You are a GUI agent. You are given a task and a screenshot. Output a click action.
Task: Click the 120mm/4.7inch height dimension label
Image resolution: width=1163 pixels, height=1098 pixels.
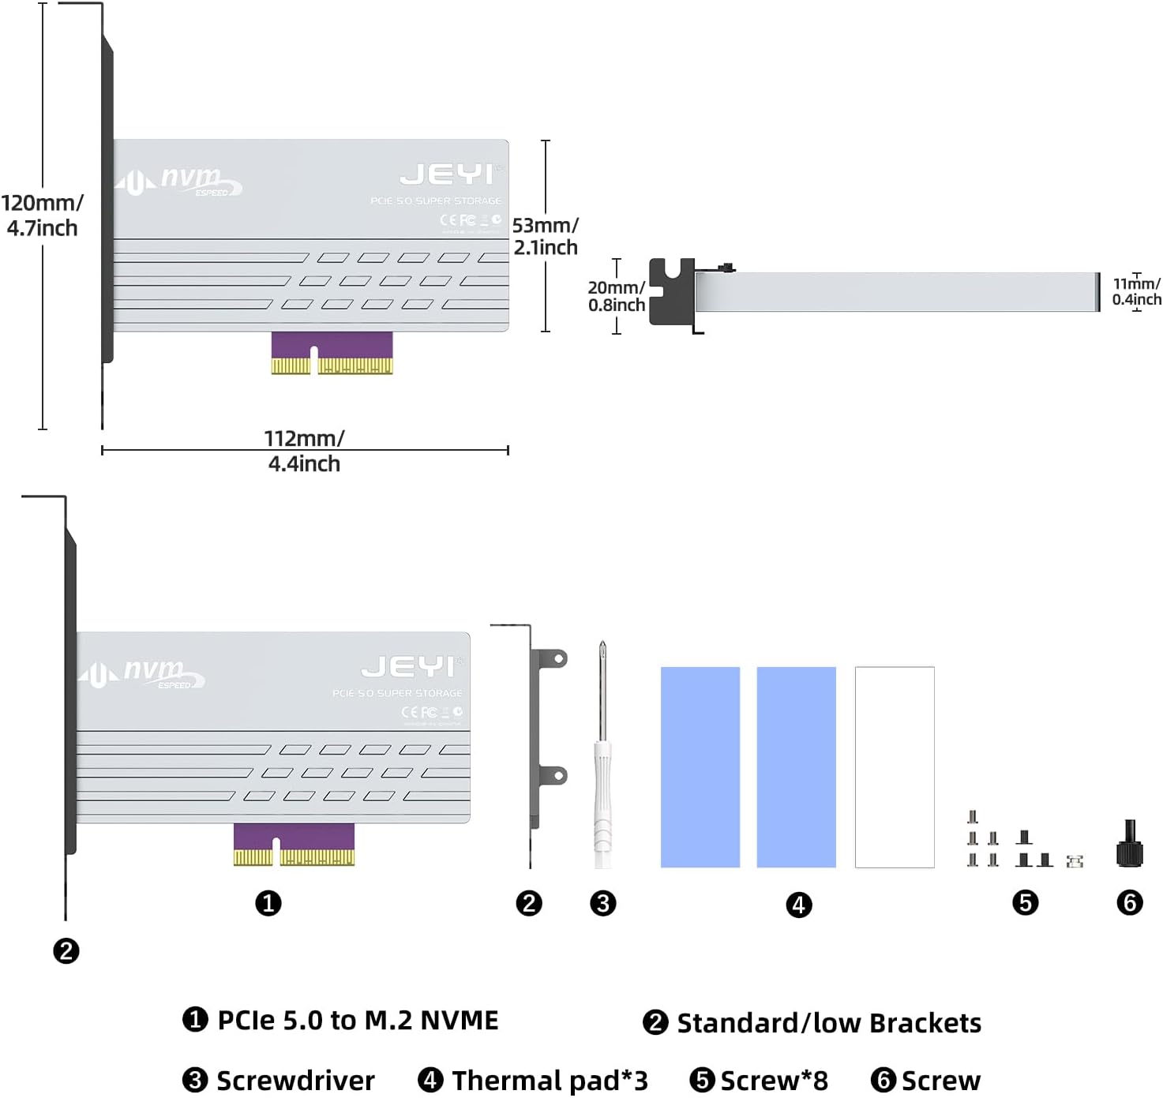[x=42, y=215]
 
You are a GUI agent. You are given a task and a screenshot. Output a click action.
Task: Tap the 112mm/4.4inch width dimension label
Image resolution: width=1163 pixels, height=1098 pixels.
[x=304, y=451]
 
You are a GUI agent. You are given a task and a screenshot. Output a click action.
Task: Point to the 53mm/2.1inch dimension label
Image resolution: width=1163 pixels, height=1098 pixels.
[x=546, y=236]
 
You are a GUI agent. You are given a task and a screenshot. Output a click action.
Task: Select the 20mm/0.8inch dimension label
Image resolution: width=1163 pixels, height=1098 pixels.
[x=617, y=296]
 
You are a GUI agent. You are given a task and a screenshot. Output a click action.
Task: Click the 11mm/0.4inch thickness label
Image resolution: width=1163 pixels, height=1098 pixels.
[x=1136, y=291]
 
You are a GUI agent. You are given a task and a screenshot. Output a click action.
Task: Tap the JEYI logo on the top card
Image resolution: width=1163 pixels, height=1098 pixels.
[x=447, y=174]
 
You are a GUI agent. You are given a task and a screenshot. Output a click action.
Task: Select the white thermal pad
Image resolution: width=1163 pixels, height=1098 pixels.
[x=895, y=766]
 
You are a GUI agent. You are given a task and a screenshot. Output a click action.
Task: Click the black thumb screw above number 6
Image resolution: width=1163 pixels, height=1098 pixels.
[x=1130, y=845]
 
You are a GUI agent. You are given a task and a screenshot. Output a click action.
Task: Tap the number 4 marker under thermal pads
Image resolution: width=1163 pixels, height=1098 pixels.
[x=799, y=905]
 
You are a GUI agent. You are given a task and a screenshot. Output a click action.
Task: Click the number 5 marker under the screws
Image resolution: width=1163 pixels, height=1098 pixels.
[x=1025, y=902]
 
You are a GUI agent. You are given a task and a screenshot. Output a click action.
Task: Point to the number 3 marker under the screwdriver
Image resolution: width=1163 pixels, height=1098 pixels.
[x=602, y=903]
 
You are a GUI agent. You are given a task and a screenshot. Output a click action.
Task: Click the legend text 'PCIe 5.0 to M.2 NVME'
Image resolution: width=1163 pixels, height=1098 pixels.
[x=358, y=1020]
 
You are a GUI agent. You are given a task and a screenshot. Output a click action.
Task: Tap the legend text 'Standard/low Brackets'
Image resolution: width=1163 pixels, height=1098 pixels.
[x=829, y=1023]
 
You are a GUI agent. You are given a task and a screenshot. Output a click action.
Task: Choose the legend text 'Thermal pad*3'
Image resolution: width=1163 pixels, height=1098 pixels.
[x=550, y=1080]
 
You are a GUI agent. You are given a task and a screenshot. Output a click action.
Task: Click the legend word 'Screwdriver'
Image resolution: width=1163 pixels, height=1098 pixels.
[x=295, y=1080]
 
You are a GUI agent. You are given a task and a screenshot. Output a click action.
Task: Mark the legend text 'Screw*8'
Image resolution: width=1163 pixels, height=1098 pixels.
[x=774, y=1080]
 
